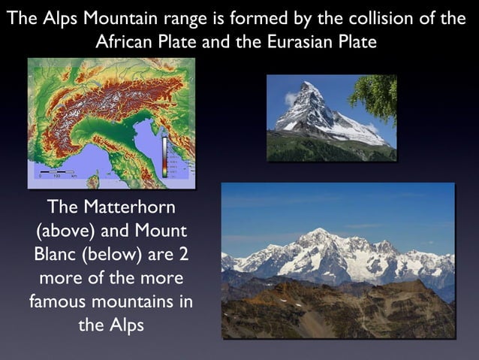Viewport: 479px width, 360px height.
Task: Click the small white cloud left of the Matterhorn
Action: pos(290,98)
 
